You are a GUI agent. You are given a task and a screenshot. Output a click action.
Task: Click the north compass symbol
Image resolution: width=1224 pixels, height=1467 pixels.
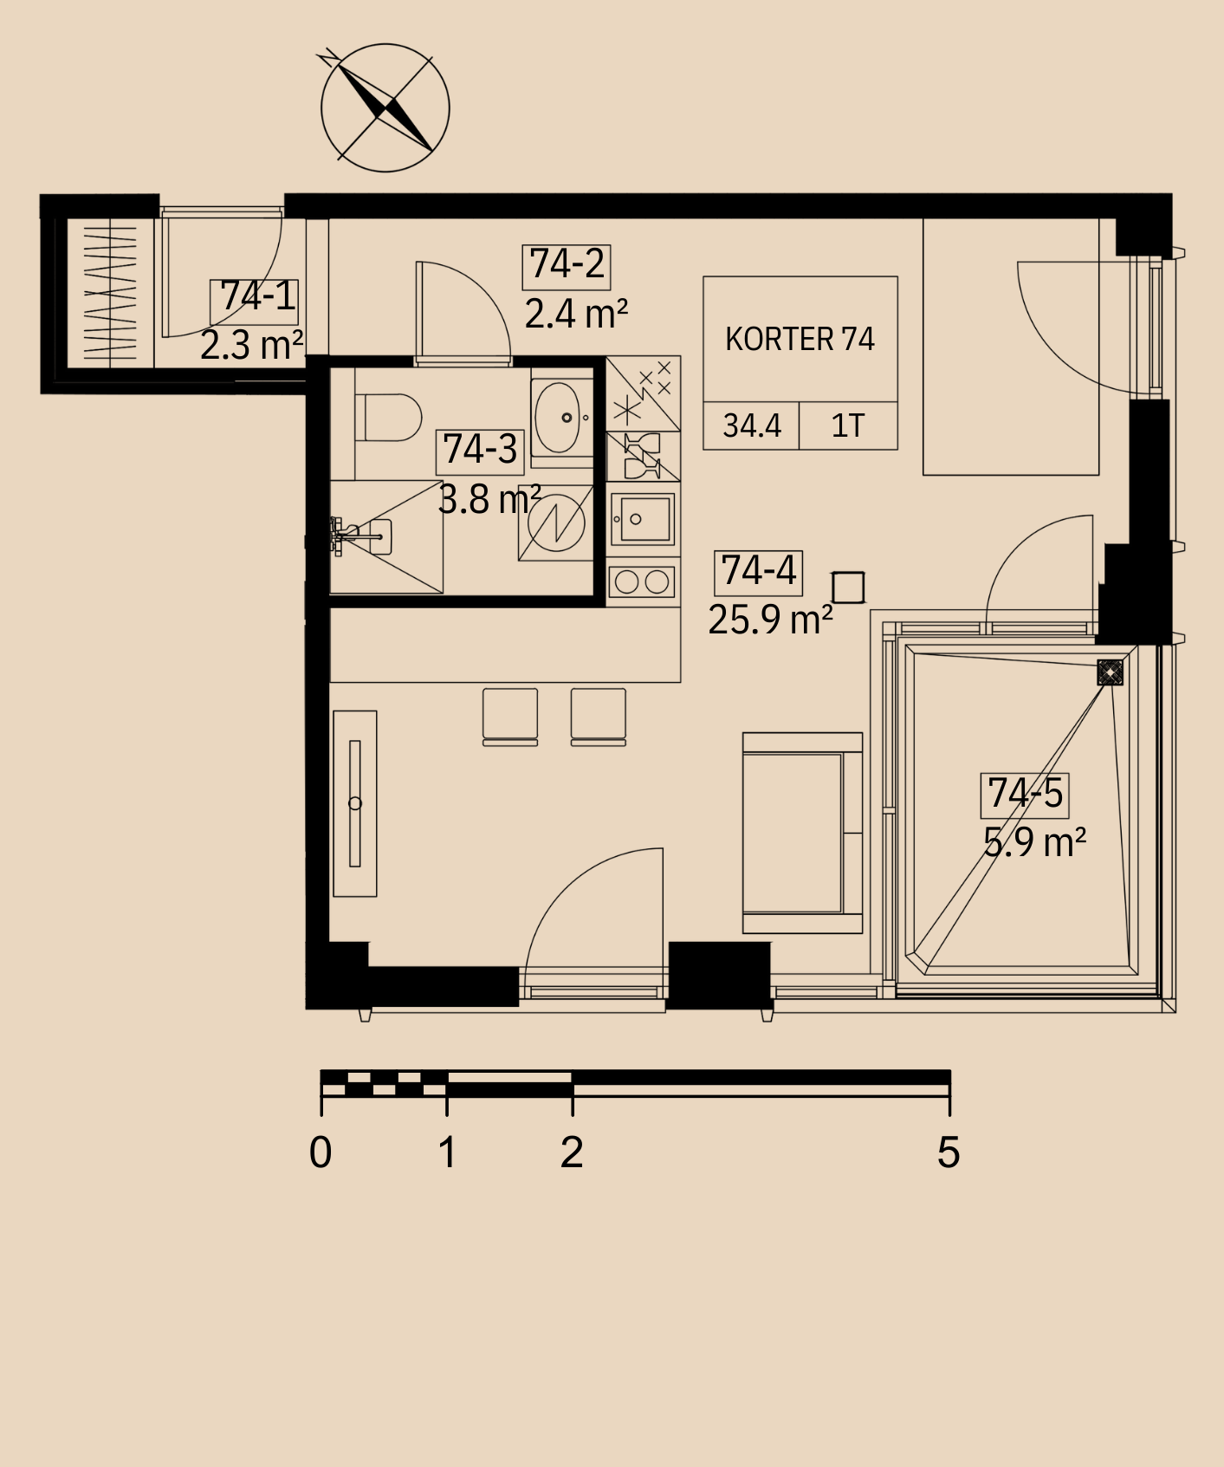[385, 107]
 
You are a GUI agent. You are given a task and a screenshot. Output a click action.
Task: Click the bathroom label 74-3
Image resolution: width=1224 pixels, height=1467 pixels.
[480, 451]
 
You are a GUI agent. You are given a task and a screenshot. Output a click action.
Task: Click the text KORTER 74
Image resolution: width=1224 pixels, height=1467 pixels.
[800, 339]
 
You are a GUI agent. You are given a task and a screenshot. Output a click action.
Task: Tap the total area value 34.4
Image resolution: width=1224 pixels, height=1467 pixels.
[752, 425]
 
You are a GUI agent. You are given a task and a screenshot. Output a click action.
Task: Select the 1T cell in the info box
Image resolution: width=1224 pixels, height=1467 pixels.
[847, 425]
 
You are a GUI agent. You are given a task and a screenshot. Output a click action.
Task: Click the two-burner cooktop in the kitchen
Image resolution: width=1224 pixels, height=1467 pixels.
[642, 581]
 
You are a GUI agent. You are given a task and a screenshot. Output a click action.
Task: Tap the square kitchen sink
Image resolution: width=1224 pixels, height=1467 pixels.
[642, 519]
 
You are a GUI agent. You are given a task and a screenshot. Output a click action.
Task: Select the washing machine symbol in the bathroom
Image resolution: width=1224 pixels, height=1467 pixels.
[556, 523]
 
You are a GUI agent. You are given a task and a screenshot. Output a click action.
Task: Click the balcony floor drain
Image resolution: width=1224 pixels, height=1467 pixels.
[1110, 672]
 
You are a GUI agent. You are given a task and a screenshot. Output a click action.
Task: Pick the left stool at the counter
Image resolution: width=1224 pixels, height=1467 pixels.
[510, 717]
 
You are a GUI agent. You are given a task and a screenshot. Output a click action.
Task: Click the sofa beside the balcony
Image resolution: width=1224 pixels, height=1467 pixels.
[802, 833]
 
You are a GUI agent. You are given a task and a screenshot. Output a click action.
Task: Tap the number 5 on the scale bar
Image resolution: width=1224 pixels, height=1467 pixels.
[949, 1152]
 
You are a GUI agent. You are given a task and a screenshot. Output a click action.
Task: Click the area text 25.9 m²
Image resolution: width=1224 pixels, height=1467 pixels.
[770, 620]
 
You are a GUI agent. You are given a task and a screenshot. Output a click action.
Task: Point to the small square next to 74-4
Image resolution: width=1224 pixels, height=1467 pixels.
[847, 587]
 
